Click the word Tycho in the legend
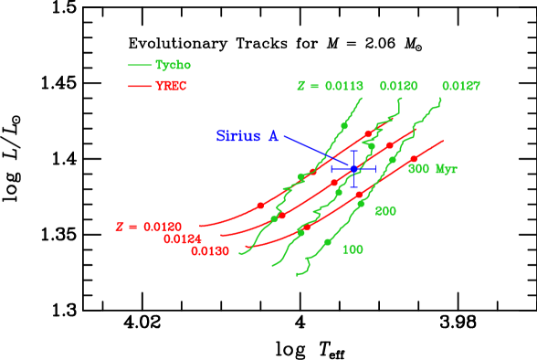click(173, 65)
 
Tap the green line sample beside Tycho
click(139, 65)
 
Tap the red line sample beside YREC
click(139, 86)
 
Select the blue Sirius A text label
click(247, 136)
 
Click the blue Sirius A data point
click(354, 169)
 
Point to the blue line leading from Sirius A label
click(311, 148)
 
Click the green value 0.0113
click(343, 86)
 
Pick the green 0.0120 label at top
click(398, 86)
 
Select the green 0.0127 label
click(461, 86)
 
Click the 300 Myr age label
click(433, 169)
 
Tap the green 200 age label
click(385, 211)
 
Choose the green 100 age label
click(353, 249)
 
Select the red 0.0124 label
click(183, 238)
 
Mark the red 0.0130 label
click(210, 251)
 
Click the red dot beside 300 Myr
click(414, 159)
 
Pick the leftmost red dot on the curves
click(260, 205)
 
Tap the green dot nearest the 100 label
click(327, 241)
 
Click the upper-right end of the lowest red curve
click(444, 141)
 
